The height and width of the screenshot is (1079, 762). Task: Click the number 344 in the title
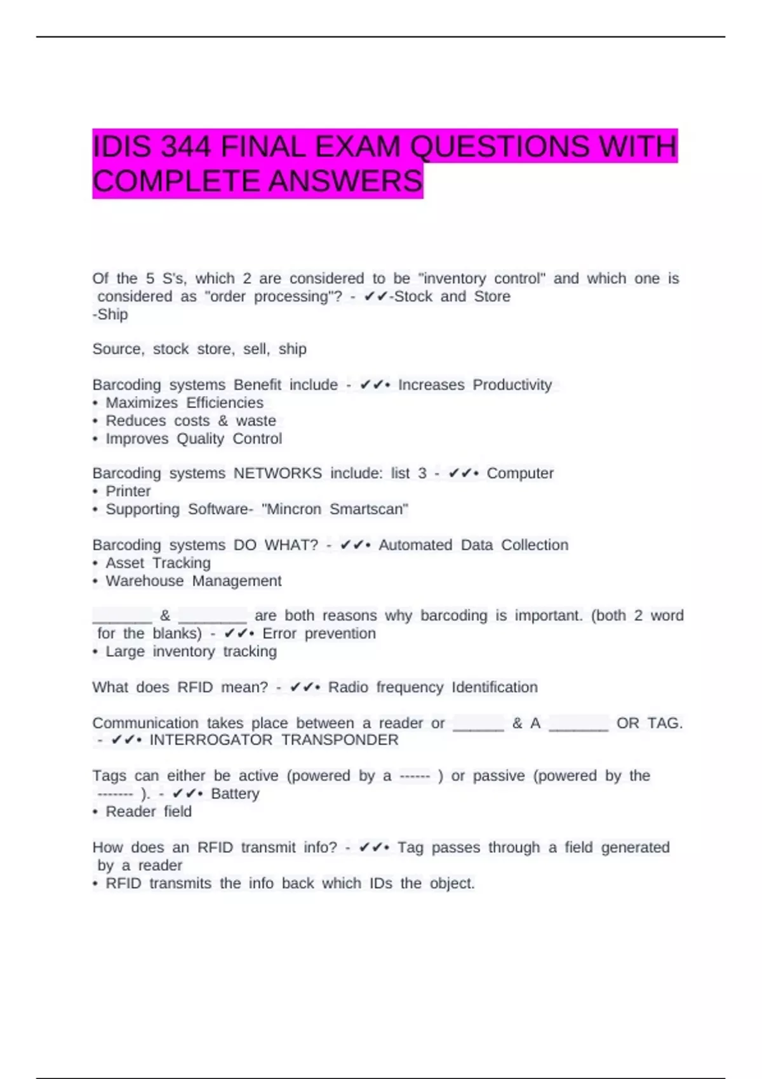tap(185, 147)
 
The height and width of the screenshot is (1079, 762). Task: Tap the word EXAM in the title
tap(359, 147)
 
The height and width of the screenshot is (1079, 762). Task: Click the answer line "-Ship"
tap(110, 315)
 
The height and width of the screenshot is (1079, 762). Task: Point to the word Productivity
tap(512, 385)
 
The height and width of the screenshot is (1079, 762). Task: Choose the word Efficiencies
tap(225, 403)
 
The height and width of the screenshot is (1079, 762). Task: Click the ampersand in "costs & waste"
tap(223, 421)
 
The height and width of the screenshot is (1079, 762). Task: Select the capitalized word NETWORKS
tap(277, 473)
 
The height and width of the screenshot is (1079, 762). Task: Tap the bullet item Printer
tap(128, 491)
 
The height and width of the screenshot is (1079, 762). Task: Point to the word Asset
tap(125, 563)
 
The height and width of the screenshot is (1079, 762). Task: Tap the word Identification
tap(495, 687)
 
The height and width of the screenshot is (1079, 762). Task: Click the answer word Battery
tap(235, 794)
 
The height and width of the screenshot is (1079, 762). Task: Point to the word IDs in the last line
tap(381, 884)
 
